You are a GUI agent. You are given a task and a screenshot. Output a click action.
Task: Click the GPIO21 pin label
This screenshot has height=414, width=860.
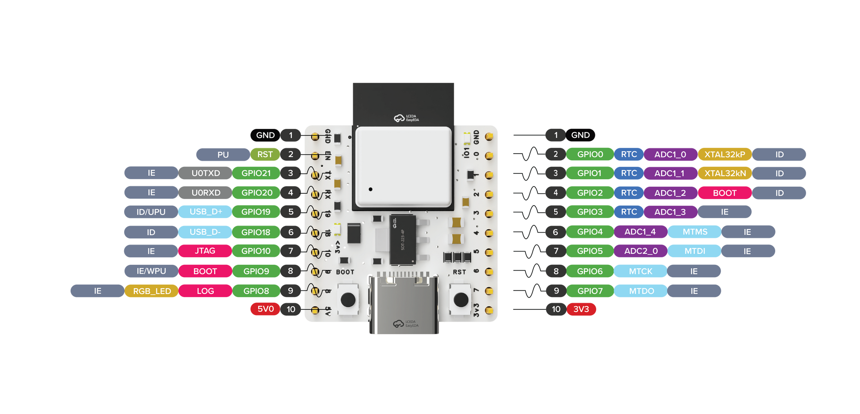256,173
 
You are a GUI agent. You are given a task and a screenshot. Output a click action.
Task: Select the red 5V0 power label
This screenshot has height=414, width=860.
265,309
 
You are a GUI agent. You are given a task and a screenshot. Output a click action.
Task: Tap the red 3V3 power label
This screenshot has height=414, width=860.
581,309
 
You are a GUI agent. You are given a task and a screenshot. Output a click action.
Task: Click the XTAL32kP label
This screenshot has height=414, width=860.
724,154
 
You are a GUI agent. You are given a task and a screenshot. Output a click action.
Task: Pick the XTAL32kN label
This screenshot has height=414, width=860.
724,173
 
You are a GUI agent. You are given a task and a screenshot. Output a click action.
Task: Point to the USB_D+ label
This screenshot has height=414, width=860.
205,212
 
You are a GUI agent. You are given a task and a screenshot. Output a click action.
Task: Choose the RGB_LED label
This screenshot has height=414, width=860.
152,291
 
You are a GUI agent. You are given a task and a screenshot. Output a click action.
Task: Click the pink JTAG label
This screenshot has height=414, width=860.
205,251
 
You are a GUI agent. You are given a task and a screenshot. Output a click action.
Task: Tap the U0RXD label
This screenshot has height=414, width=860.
205,192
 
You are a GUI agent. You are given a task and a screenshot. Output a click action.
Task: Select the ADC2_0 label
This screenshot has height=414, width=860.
640,251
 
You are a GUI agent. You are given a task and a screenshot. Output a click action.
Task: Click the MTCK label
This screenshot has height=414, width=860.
640,271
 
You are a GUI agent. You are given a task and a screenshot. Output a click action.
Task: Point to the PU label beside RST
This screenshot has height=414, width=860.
223,154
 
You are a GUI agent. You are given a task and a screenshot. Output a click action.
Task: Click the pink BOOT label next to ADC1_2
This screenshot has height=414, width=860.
724,193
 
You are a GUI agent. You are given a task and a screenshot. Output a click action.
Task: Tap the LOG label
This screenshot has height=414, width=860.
205,291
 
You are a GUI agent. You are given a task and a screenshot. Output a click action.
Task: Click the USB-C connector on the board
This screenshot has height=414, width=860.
403,305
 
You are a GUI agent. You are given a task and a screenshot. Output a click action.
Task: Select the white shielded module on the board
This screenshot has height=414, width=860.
403,167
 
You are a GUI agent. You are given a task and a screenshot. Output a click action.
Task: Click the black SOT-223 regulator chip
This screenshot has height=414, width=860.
402,240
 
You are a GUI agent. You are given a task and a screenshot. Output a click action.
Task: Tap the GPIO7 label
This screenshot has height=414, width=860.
590,291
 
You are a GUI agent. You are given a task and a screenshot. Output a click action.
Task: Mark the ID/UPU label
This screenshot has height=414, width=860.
151,212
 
